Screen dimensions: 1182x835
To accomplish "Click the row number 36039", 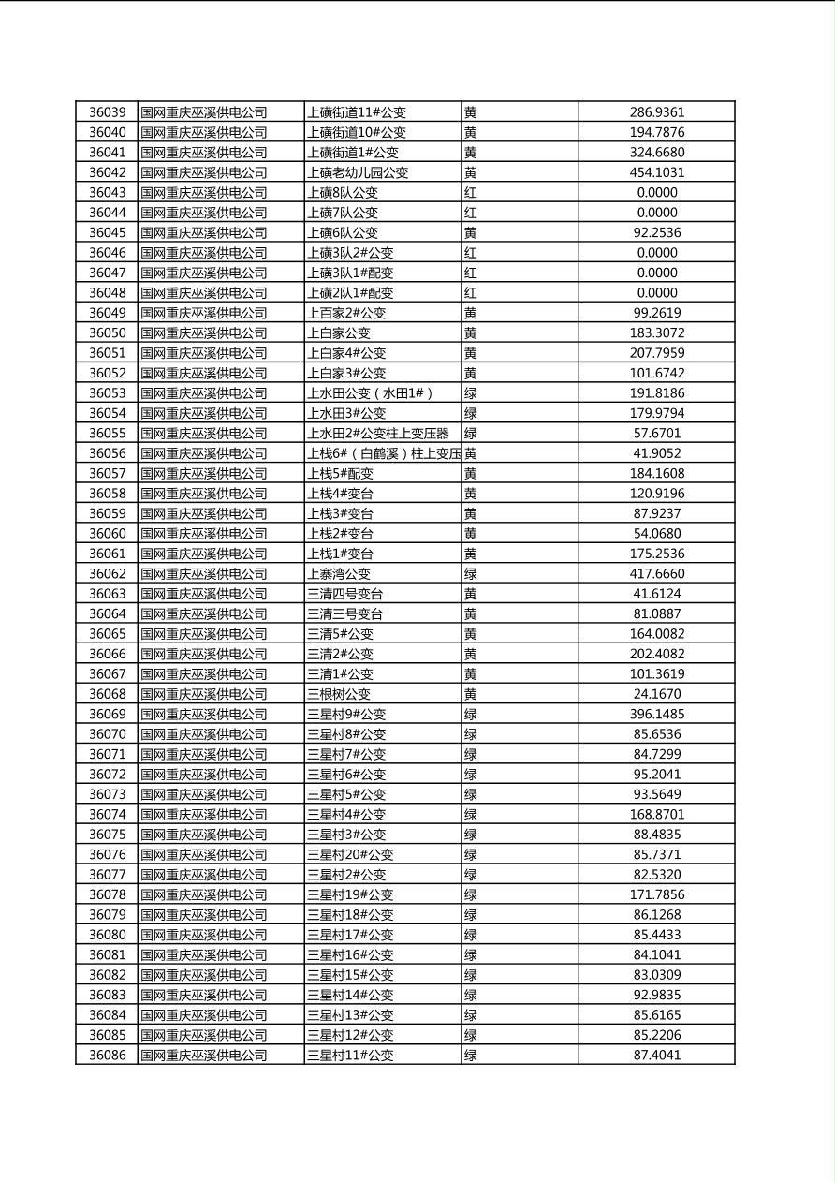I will (x=107, y=112).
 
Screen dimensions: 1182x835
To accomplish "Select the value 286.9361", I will (x=656, y=112).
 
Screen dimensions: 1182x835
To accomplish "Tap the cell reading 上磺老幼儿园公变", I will (x=358, y=172).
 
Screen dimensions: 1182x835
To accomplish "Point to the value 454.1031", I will (x=656, y=172).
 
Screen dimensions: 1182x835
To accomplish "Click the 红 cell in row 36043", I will (x=471, y=193).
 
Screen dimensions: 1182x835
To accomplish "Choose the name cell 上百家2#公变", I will (x=346, y=313).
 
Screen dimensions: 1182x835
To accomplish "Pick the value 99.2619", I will (x=656, y=313).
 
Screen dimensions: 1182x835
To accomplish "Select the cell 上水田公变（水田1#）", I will (x=371, y=393).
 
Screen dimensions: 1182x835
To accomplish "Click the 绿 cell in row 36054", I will (x=471, y=413).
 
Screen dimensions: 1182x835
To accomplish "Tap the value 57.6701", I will (x=656, y=434).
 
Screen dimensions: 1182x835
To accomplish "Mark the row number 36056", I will (x=107, y=453).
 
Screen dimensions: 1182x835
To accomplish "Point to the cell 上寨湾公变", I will (x=339, y=574).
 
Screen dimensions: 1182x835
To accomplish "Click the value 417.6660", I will (x=656, y=574).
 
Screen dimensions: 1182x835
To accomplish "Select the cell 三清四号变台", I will (x=345, y=594).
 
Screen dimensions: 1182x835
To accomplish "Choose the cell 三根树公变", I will (x=339, y=694).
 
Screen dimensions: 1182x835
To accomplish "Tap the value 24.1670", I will (x=656, y=694).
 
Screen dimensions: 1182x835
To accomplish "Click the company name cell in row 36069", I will (x=204, y=715).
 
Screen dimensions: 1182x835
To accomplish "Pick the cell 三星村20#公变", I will (x=350, y=854).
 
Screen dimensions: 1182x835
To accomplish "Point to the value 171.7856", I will (x=656, y=894).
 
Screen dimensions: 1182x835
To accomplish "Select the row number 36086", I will (x=107, y=1056).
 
